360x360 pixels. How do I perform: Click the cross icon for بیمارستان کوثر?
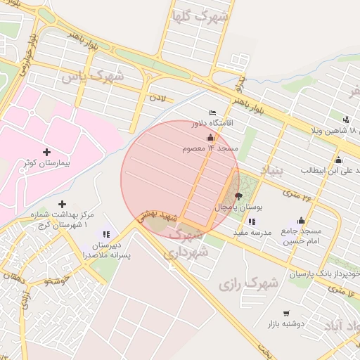[47, 151]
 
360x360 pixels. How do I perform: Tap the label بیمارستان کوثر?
[48, 162]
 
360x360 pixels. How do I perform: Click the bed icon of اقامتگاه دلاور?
[213, 112]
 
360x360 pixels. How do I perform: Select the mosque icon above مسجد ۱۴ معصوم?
[210, 138]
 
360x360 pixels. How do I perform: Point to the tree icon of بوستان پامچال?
[238, 197]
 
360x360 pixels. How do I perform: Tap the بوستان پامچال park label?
[232, 209]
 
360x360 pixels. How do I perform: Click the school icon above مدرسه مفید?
[252, 221]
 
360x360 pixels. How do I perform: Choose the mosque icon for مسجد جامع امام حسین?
[302, 220]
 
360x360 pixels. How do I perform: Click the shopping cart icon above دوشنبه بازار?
[286, 313]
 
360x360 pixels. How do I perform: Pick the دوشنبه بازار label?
[285, 324]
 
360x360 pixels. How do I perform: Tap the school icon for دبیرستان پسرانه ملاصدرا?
[106, 234]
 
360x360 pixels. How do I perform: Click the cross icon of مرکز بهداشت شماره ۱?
[63, 204]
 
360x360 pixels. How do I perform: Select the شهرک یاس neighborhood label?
[92, 75]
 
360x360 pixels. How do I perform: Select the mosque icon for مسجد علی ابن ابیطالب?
[339, 160]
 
